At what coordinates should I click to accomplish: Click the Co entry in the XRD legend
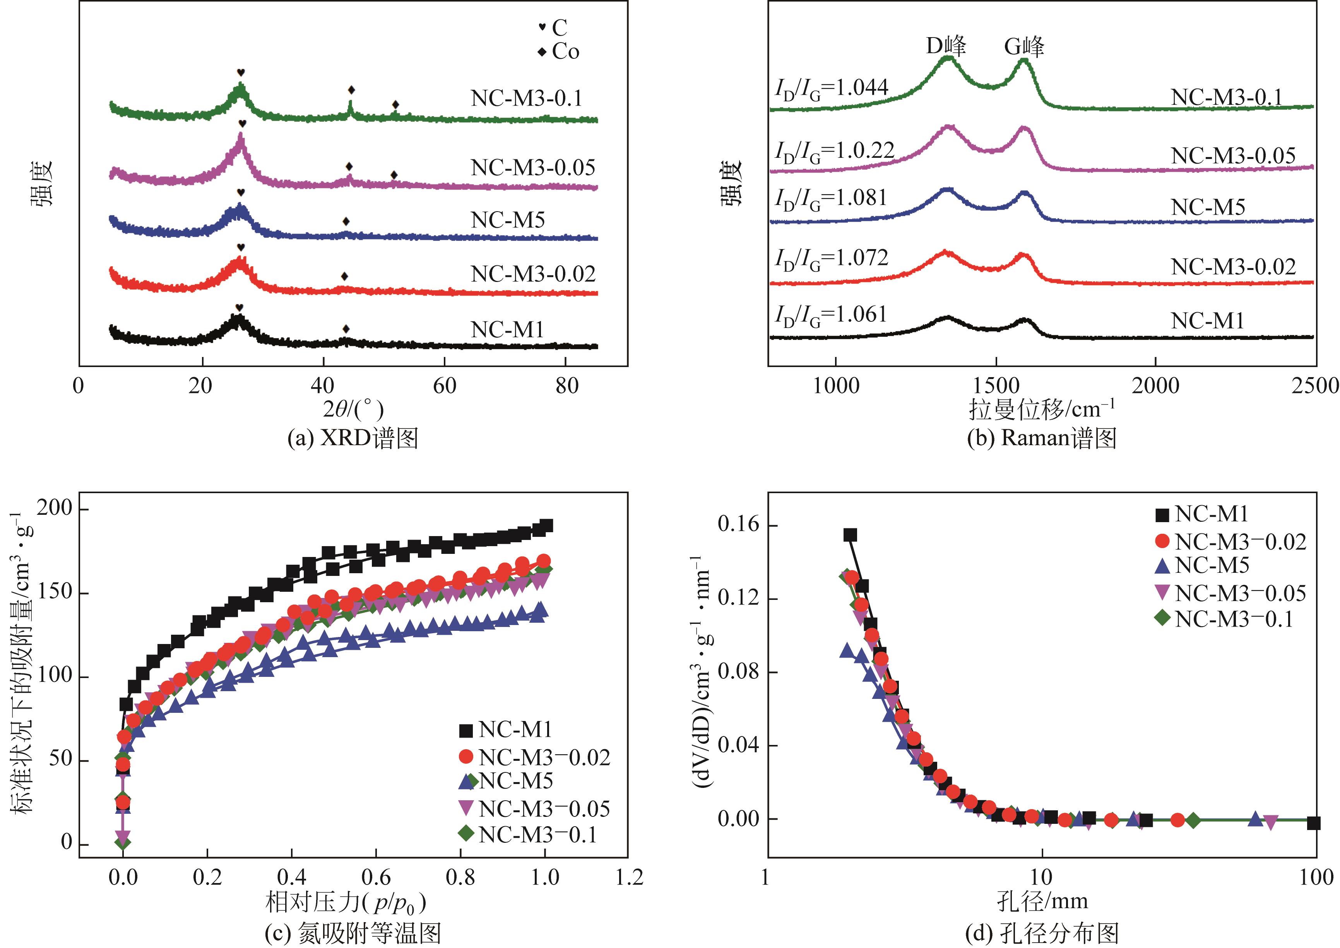[x=560, y=52]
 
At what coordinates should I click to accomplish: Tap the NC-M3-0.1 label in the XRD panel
[x=527, y=98]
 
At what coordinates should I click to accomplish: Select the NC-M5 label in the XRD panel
[x=507, y=220]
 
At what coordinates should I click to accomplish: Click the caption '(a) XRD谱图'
[x=353, y=438]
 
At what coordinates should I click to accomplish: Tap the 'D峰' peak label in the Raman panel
[x=946, y=46]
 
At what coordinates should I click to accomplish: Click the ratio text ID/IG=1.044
[x=832, y=89]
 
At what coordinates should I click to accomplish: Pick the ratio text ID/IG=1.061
[x=832, y=315]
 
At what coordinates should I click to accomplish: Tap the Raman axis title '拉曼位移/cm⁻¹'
[x=1041, y=410]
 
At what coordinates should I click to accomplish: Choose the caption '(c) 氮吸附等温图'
[x=353, y=933]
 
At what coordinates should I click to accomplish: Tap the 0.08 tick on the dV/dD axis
[x=739, y=672]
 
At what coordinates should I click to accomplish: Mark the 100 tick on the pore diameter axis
[x=1316, y=877]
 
